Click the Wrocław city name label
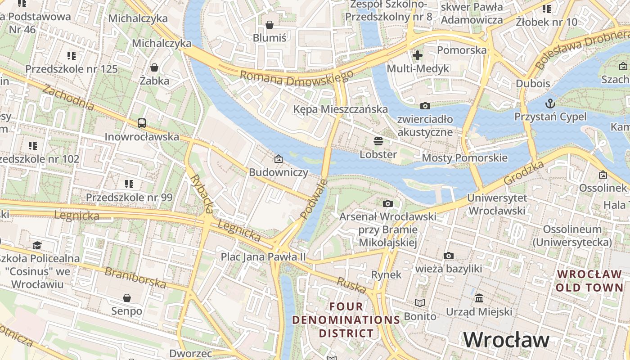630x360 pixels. coord(506,340)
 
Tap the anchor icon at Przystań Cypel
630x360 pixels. coord(550,103)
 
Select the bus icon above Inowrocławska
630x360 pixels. coord(142,123)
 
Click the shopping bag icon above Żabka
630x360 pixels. coord(154,67)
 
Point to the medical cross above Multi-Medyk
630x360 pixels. coord(418,55)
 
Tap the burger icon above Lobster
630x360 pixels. coord(378,141)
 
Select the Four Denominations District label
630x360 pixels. coord(346,320)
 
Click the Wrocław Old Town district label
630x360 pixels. coord(589,281)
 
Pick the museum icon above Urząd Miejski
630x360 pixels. coord(479,298)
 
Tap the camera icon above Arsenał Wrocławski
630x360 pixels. coord(387,203)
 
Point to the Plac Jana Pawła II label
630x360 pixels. coord(263,257)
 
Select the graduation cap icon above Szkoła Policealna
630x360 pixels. coord(37,245)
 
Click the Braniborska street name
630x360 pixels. coord(135,277)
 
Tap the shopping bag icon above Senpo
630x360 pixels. coord(127,298)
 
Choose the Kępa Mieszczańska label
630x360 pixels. coord(340,109)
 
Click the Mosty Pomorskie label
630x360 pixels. coord(464,158)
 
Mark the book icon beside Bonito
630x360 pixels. coord(420,303)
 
